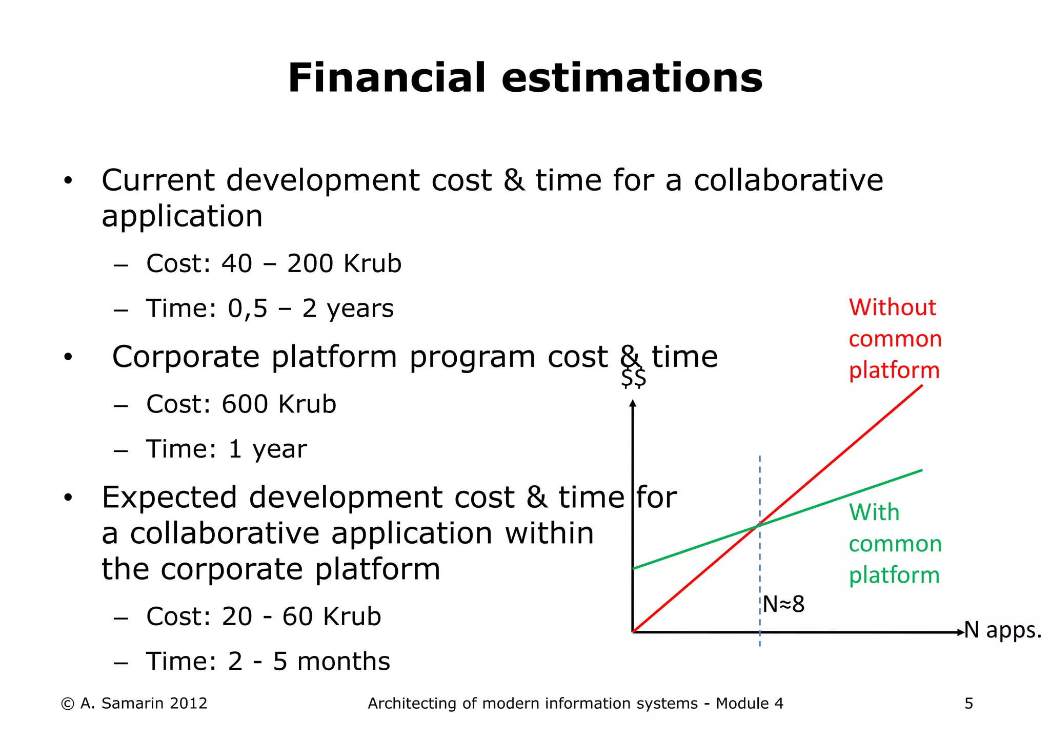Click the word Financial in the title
point(386,78)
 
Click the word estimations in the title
point(632,78)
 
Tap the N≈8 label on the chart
point(783,605)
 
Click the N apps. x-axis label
point(1002,630)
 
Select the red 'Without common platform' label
point(895,339)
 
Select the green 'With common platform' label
point(895,544)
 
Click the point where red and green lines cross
point(759,525)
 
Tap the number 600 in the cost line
point(245,404)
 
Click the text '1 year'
point(267,449)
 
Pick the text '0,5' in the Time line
point(248,308)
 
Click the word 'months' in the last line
point(344,662)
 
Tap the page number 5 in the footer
point(968,704)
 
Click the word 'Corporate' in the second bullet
point(186,357)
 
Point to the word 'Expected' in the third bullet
point(169,498)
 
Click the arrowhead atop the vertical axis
point(633,403)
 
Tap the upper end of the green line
point(921,470)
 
